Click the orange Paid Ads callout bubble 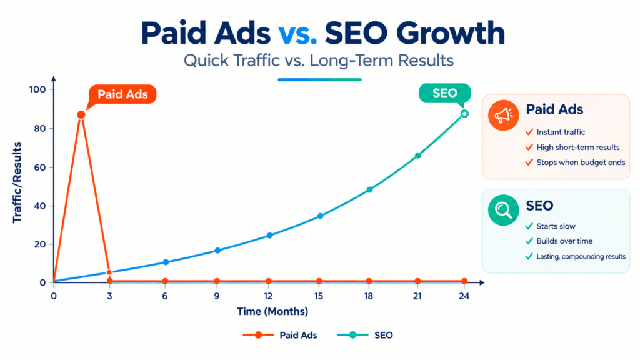122,94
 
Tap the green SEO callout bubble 445,93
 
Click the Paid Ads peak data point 81,115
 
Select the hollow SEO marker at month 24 464,114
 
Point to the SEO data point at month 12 269,236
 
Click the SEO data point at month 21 418,156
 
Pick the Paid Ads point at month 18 369,281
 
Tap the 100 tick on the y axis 37,89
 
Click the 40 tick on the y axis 39,206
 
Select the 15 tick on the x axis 319,296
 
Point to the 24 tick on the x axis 464,296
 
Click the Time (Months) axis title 272,312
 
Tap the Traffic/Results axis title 17,182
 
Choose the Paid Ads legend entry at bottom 280,336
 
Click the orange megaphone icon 504,115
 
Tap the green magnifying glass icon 504,210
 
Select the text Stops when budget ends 581,162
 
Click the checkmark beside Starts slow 529,226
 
